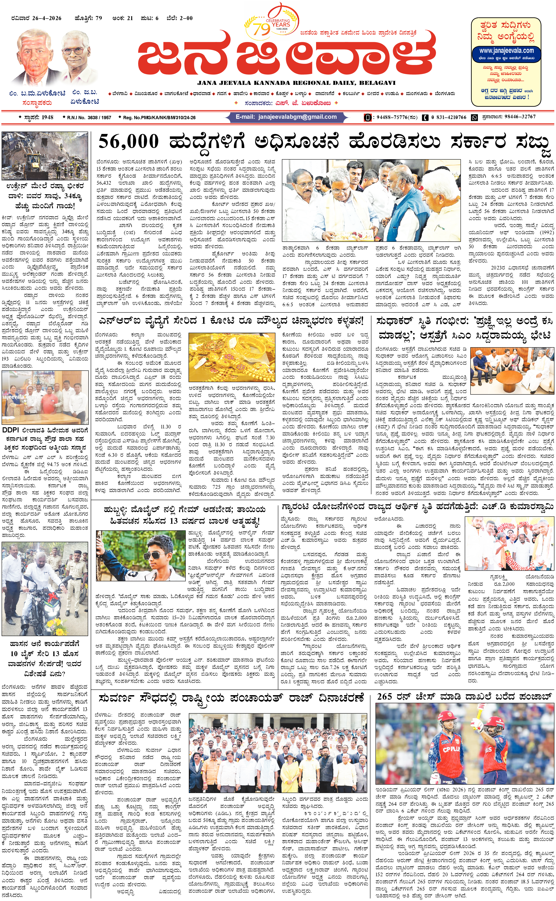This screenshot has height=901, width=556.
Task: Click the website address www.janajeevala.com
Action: pos(506,50)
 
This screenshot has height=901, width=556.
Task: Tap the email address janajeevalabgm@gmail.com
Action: pos(297,117)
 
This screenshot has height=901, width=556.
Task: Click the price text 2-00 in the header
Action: pos(186,18)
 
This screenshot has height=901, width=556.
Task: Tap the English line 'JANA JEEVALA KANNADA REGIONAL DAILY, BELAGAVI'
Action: pos(296,83)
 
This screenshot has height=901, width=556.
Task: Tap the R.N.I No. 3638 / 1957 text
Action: pos(89,117)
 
